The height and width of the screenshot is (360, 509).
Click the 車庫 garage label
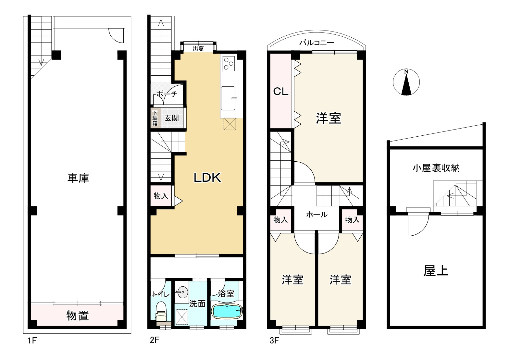pos(78,178)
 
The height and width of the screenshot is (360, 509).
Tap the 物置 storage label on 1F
pos(78,316)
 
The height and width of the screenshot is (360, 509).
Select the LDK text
pos(207,178)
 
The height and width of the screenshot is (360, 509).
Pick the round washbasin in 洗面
pos(182,292)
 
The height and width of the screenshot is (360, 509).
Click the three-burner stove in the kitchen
pos(229,63)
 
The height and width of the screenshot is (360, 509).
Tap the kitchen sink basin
pos(228,98)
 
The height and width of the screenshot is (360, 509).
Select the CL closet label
pos(280,91)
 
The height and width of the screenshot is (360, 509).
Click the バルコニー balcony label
pos(317,43)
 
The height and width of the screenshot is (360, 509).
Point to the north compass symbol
pos(406,82)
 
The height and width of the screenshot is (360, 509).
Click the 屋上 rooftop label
pos(436,271)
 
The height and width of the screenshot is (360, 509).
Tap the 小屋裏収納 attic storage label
pos(436,168)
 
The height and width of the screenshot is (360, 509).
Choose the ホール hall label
pos(317,214)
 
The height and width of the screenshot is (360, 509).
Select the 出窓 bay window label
pos(198,48)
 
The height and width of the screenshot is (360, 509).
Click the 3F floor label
pos(274,341)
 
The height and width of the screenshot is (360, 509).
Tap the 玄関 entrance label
pos(171,118)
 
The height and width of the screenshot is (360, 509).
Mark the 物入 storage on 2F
pos(161,196)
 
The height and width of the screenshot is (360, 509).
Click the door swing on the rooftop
pos(418,225)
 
